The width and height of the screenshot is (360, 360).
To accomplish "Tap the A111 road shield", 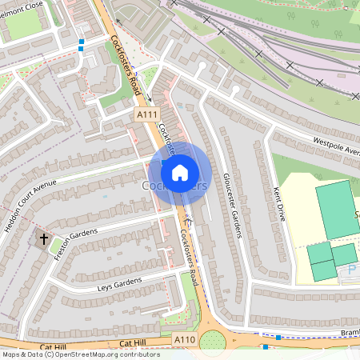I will click(146, 115).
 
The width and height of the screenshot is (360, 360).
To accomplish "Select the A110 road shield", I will click(185, 340).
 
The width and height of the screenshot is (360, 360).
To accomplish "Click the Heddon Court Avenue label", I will click(31, 207).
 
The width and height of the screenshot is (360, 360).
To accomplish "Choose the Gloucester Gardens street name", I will click(232, 205).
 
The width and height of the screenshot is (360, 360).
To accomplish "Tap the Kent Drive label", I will click(279, 205).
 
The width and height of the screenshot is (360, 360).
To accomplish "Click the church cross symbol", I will click(42, 239).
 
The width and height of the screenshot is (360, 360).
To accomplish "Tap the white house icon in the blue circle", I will click(180, 171).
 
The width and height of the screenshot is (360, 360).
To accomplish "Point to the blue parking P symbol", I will click(351, 270).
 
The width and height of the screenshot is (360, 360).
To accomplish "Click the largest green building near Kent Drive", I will click(337, 210).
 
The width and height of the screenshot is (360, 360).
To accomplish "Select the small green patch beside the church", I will click(54, 248).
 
